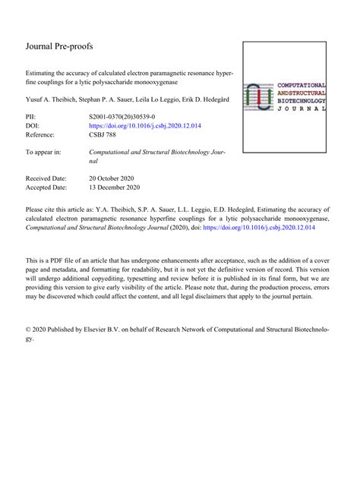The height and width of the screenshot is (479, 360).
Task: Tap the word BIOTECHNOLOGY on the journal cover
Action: [302, 100]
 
